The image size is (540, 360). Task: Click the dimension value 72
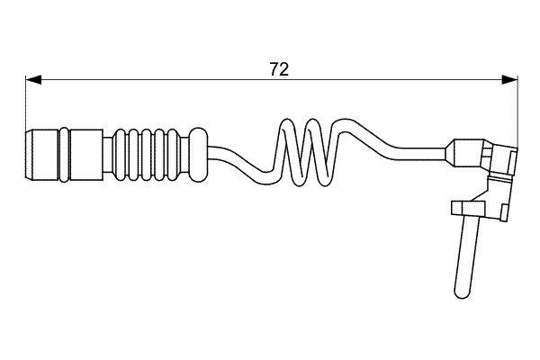[279, 69]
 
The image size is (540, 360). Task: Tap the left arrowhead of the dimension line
[33, 80]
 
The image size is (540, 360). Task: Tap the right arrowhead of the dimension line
[509, 80]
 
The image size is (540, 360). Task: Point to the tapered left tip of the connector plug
[29, 155]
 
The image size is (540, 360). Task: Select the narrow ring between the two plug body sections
[65, 155]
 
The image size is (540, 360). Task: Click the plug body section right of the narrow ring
[86, 155]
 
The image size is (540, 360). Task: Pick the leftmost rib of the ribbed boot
[121, 155]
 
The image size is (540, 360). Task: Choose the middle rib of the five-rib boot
[147, 155]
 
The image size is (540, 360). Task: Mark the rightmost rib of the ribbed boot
[173, 155]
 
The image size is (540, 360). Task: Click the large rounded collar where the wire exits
[198, 155]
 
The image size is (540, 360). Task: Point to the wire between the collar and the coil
[238, 158]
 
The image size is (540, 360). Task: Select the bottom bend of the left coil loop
[298, 180]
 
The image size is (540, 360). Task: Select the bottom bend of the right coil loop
[323, 180]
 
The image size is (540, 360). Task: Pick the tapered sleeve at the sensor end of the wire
[465, 154]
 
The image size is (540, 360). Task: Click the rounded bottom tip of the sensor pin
[462, 293]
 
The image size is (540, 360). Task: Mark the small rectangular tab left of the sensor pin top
[457, 208]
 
